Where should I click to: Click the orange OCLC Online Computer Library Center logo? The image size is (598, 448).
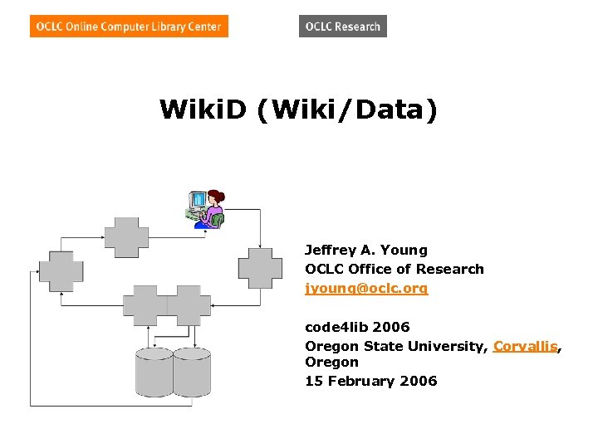pyautogui.click(x=129, y=27)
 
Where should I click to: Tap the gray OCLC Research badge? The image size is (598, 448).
pyautogui.click(x=342, y=27)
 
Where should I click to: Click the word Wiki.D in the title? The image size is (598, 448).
pyautogui.click(x=203, y=109)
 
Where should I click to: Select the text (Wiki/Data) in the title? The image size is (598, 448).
pyautogui.click(x=347, y=109)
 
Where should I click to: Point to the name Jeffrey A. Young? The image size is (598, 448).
pyautogui.click(x=365, y=250)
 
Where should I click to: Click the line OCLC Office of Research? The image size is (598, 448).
pyautogui.click(x=394, y=269)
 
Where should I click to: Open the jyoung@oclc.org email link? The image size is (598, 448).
pyautogui.click(x=366, y=289)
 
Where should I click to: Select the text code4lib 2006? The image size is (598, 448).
pyautogui.click(x=357, y=327)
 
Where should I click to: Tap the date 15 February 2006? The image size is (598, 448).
pyautogui.click(x=370, y=381)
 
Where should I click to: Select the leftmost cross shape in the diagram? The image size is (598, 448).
pyautogui.click(x=61, y=270)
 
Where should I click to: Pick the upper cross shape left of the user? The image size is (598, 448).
pyautogui.click(x=126, y=237)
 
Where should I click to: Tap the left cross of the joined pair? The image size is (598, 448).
pyautogui.click(x=145, y=306)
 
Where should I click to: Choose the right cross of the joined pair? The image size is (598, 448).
pyautogui.click(x=189, y=306)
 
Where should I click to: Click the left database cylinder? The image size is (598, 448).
pyautogui.click(x=154, y=372)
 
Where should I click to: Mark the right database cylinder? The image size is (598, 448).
pyautogui.click(x=192, y=372)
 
